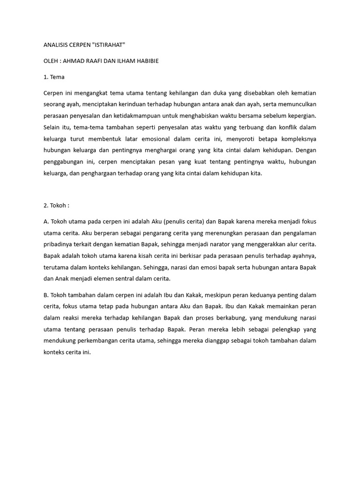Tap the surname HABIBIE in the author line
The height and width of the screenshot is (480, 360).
[x=146, y=61]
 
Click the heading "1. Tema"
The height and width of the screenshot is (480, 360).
[x=54, y=77]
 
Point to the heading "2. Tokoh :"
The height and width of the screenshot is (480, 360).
[x=56, y=205]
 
